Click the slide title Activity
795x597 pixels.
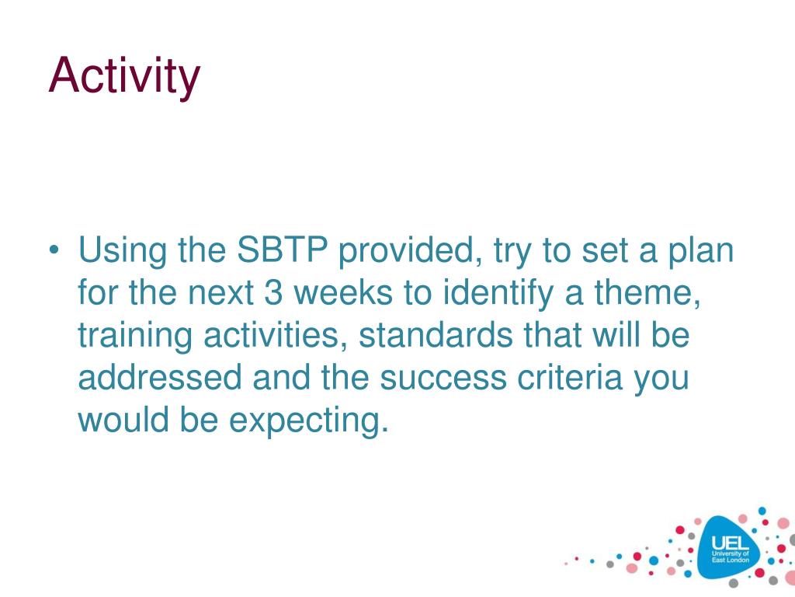[124, 76]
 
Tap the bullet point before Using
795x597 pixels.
[54, 250]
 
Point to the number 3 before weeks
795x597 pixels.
[273, 292]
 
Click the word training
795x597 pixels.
[135, 337]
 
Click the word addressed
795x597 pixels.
[160, 378]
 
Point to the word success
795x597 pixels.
[443, 379]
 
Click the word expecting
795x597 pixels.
[309, 421]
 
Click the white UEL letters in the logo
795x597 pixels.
[730, 543]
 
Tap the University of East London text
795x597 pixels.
[730, 557]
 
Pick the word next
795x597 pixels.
[220, 293]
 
